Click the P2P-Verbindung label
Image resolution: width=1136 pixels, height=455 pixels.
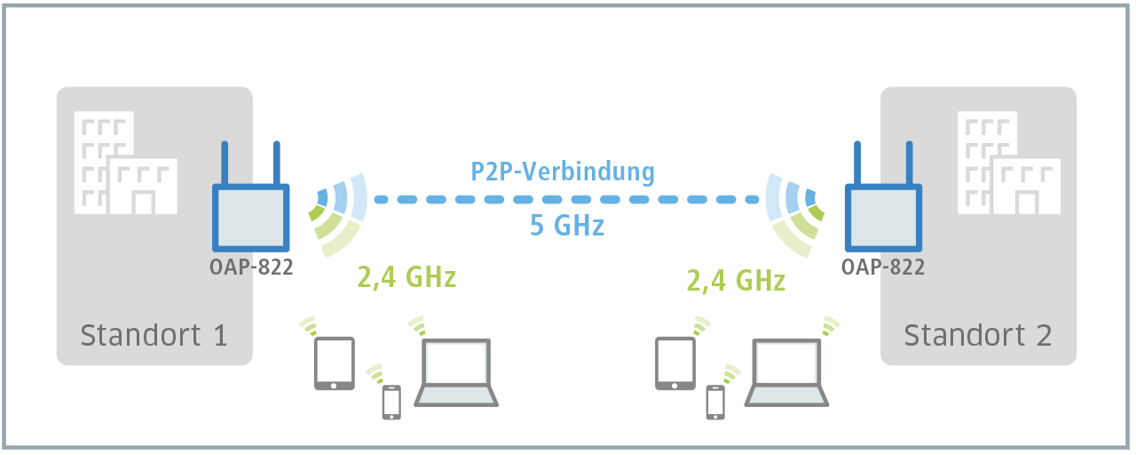563,172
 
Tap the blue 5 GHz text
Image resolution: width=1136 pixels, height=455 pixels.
567,226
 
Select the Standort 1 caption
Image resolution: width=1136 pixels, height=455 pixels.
154,335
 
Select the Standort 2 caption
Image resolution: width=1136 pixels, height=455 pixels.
977,335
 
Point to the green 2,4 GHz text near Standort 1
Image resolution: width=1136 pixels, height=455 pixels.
406,278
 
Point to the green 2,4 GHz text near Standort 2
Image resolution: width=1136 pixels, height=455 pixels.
736,281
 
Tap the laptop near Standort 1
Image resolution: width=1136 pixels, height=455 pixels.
457,372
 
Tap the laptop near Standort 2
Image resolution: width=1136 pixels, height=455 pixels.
786,372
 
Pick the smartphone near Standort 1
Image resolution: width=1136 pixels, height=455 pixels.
390,402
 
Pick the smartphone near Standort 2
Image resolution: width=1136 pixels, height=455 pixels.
714,402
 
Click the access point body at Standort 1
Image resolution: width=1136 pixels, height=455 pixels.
250,218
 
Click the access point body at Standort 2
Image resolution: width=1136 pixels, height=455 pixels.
883,218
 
